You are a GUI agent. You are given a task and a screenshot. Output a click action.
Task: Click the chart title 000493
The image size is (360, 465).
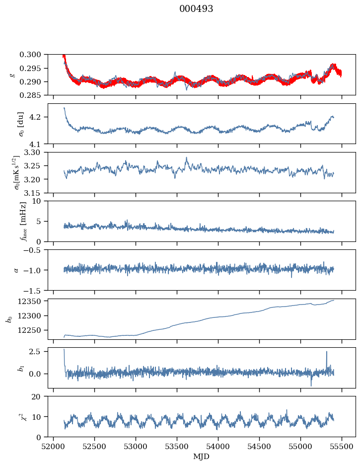click(196, 9)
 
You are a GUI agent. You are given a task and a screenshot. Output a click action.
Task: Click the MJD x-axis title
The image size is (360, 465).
click(201, 457)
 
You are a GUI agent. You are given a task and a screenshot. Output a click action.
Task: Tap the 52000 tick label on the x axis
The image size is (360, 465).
click(54, 446)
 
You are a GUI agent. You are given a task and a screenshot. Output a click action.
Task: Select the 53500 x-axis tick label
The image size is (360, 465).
click(177, 446)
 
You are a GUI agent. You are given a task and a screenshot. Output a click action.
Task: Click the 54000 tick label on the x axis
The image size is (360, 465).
click(218, 446)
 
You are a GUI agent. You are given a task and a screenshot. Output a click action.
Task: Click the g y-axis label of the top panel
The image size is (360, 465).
click(12, 75)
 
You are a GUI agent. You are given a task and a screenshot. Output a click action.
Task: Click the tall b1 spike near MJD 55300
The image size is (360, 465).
click(326, 352)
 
